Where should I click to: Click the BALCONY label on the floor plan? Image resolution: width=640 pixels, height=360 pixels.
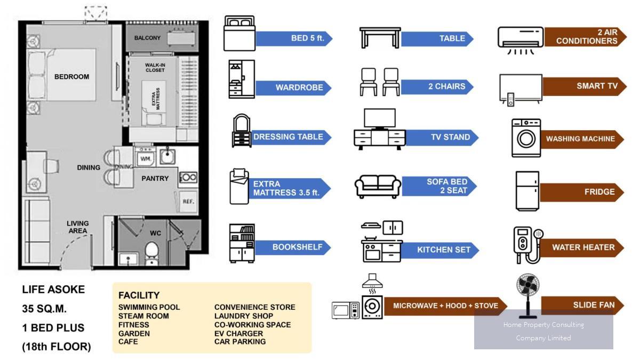point(147,38)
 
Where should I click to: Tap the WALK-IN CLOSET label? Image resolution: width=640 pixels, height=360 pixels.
point(155,67)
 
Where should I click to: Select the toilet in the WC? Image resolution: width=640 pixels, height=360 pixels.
point(151,252)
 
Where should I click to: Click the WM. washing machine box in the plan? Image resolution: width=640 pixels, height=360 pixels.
point(146,159)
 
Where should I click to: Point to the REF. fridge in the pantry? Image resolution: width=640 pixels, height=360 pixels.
point(188,202)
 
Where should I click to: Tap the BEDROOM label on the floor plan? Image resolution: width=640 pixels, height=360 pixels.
point(71,77)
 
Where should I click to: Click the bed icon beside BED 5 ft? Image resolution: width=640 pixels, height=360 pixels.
point(239,33)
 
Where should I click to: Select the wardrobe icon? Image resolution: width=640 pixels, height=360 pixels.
point(242,79)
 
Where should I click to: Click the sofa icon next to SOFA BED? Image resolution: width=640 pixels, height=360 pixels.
point(378,187)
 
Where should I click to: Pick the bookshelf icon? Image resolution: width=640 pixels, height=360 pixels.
point(242,243)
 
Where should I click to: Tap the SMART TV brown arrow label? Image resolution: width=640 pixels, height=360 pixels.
point(585,86)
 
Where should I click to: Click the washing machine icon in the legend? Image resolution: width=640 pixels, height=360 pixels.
point(526,138)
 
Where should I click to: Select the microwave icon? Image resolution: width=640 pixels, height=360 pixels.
point(346,310)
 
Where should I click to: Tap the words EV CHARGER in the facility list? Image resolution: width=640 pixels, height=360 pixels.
point(238,333)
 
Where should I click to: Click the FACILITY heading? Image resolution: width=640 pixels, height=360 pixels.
point(139,295)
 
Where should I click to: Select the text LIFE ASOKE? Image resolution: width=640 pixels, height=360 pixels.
point(53,290)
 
